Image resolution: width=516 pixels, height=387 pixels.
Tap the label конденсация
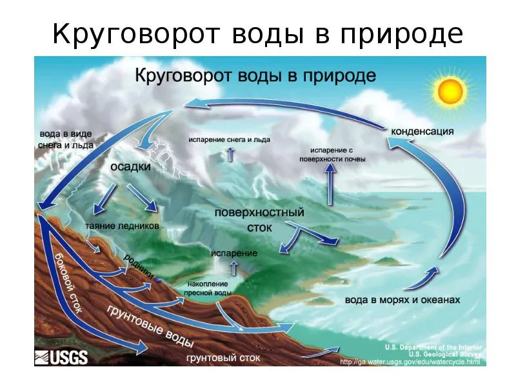click(x=422, y=132)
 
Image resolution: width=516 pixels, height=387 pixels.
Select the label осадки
click(x=130, y=167)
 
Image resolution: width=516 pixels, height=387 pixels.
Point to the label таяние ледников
click(x=122, y=226)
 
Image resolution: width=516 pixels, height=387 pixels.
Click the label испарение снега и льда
click(x=230, y=139)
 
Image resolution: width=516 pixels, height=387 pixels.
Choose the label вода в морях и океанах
click(x=402, y=300)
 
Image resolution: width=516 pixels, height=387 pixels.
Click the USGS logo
click(x=61, y=357)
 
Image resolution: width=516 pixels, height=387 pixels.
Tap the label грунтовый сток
click(x=223, y=358)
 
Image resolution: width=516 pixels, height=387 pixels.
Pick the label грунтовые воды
click(x=150, y=326)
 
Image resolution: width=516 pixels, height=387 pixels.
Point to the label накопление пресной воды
click(x=208, y=288)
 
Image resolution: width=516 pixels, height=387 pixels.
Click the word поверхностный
click(x=259, y=212)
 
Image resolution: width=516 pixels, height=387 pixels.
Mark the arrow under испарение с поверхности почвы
click(x=330, y=184)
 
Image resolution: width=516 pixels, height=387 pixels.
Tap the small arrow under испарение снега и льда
click(x=230, y=154)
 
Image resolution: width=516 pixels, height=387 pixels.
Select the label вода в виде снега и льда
click(x=66, y=139)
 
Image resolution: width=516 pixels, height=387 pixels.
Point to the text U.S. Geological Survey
click(x=445, y=354)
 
